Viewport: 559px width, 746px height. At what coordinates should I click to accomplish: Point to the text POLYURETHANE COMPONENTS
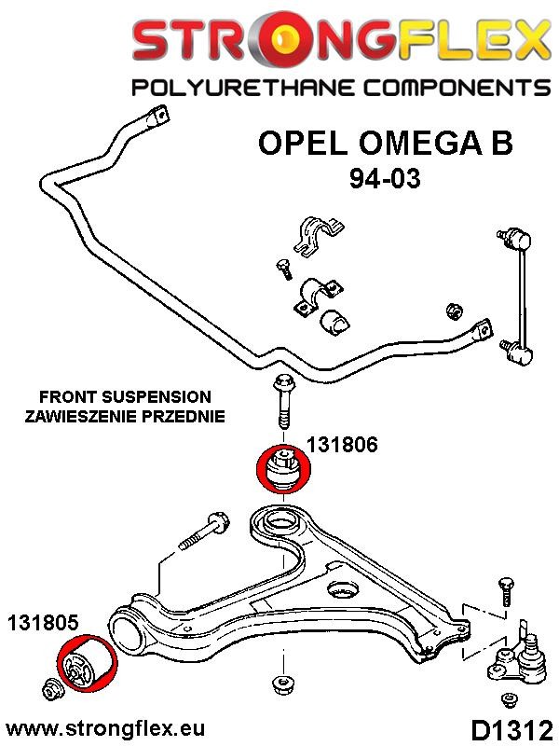340,90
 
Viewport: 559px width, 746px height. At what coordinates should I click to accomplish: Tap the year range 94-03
385,177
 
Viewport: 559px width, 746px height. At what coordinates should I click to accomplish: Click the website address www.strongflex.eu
104,727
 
